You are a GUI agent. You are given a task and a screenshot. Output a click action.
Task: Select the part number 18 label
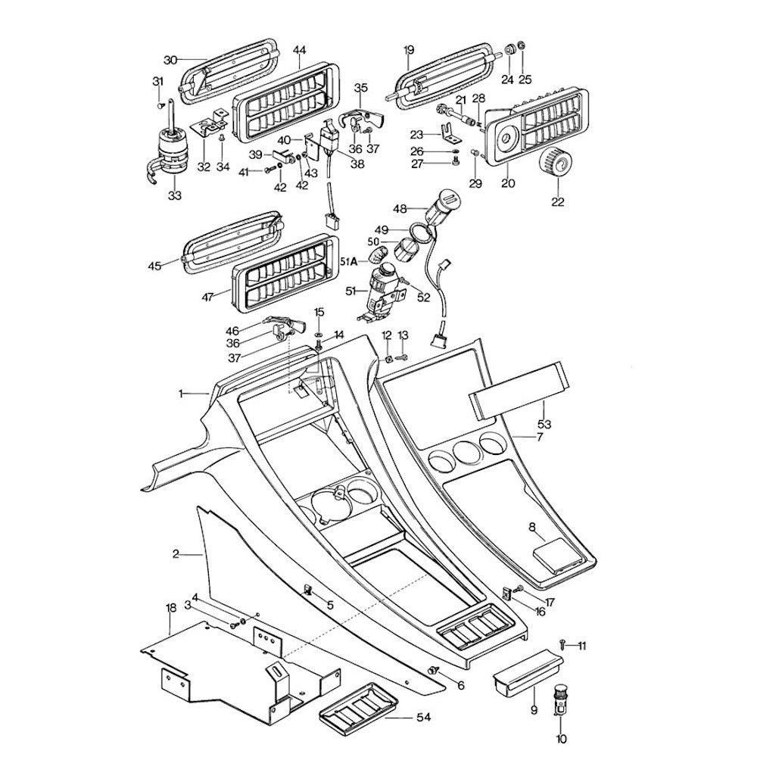click(x=170, y=608)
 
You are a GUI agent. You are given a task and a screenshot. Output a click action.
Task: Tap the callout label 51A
click(x=350, y=261)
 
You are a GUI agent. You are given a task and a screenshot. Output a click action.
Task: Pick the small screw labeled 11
click(x=563, y=643)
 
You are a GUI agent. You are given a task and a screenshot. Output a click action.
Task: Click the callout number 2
click(x=176, y=555)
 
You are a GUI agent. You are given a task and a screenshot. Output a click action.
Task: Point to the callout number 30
click(x=170, y=59)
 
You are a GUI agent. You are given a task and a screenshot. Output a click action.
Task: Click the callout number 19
click(x=409, y=51)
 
